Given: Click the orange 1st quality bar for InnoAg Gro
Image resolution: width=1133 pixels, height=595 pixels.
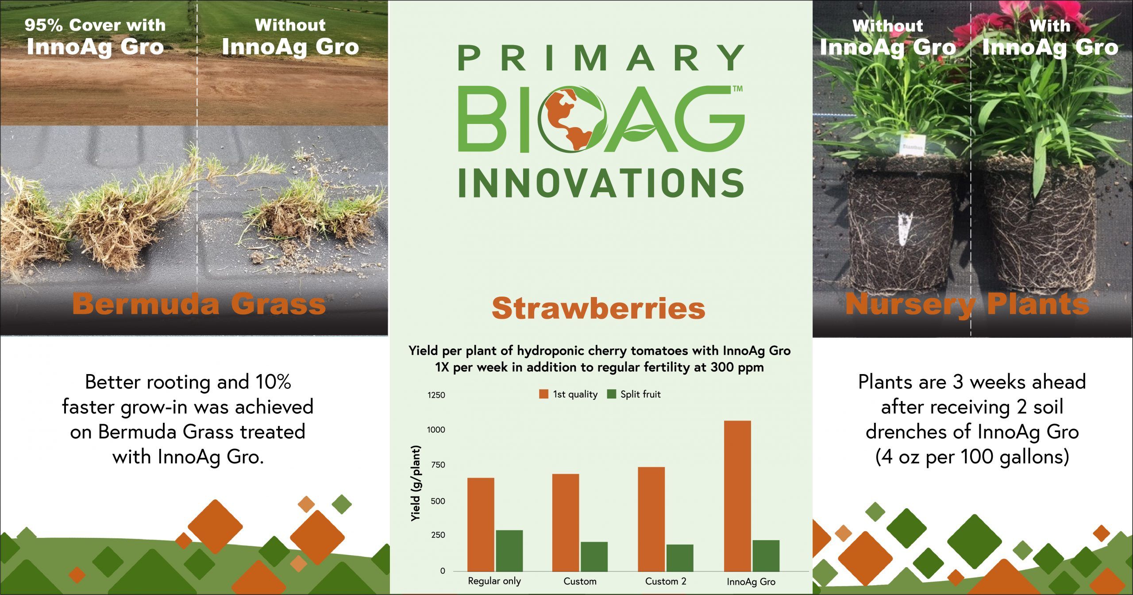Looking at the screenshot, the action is point(737,496).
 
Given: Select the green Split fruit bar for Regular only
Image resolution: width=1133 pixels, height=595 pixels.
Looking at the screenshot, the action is point(509,551).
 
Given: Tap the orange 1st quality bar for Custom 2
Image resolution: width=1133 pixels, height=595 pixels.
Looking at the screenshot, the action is point(651,519).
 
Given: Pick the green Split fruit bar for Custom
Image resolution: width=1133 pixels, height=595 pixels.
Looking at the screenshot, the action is point(594,556).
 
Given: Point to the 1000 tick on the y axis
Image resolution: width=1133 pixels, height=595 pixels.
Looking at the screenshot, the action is point(436,430).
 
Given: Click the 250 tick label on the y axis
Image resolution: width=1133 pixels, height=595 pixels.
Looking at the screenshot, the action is point(437,535).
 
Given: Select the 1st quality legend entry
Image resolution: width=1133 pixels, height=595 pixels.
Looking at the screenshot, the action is point(568,394).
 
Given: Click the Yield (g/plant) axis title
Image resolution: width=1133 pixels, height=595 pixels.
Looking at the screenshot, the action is point(416,483).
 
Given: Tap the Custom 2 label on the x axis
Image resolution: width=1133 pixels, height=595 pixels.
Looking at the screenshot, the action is point(666,581).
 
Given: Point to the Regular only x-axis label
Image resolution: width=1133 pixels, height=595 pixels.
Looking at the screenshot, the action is point(494,581).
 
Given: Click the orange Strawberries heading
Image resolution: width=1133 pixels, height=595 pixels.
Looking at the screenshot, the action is point(598,308).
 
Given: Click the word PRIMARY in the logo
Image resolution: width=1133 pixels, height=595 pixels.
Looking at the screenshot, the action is point(601,58).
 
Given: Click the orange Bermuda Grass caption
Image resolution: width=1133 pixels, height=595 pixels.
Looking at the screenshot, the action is point(199,304).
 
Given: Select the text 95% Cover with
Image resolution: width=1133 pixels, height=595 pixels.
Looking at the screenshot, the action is point(95,25).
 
